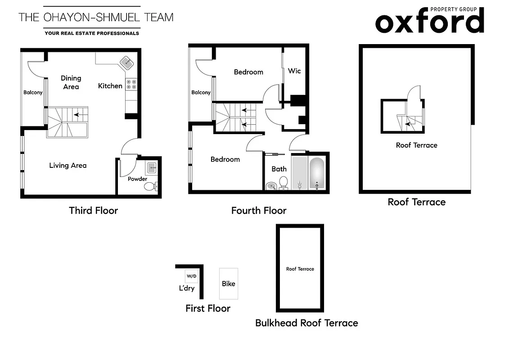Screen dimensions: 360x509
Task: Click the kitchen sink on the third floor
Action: click(x=126, y=63)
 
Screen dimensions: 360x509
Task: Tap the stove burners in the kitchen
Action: click(x=131, y=84)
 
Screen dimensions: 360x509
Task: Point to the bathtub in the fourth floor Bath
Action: click(x=317, y=172)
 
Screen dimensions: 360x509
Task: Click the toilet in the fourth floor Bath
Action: click(x=284, y=183)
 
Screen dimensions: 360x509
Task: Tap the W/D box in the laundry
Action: click(x=191, y=276)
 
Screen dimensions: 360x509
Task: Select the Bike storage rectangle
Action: click(x=229, y=283)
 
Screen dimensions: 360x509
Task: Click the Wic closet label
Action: click(x=294, y=71)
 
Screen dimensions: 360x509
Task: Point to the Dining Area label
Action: click(x=71, y=82)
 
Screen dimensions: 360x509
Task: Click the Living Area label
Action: click(x=68, y=165)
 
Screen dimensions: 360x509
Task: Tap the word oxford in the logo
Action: click(x=429, y=22)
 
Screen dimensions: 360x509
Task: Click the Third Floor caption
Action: click(x=93, y=210)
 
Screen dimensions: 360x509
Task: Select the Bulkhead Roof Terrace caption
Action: click(x=306, y=323)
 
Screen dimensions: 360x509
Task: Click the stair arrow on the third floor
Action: click(x=77, y=115)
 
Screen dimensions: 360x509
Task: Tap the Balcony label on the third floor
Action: click(x=33, y=92)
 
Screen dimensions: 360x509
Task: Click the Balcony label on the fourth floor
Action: click(x=201, y=92)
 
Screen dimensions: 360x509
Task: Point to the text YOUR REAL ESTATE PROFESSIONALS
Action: click(x=92, y=33)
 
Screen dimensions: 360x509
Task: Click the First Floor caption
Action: click(x=207, y=308)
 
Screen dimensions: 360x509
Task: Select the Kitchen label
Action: click(x=110, y=85)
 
